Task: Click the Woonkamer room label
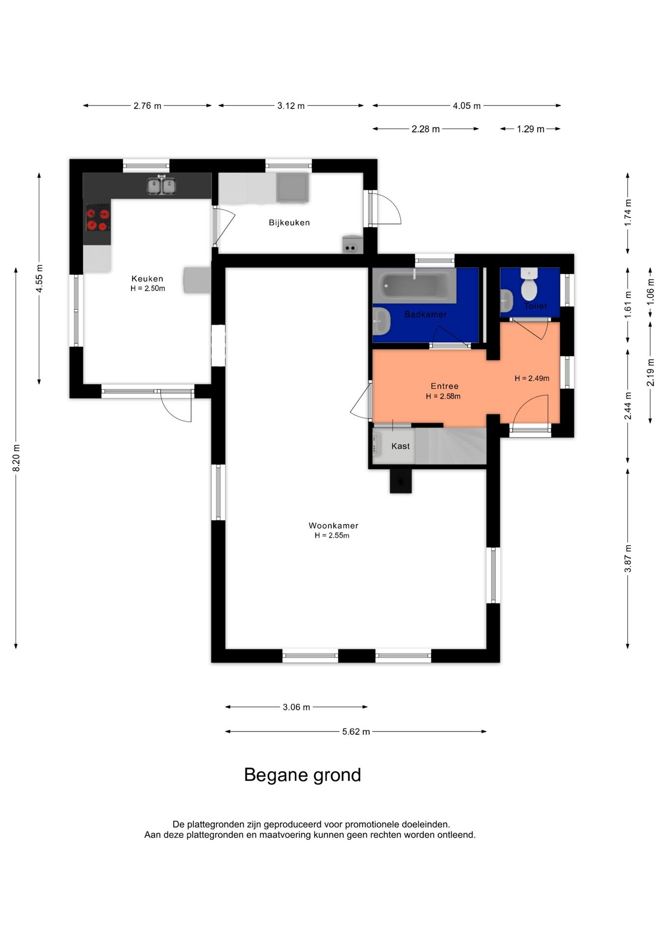point(333,525)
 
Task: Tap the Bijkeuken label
point(289,223)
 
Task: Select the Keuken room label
point(147,279)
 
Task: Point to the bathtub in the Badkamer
point(415,286)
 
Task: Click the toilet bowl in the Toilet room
point(529,285)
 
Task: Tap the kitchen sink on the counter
point(162,185)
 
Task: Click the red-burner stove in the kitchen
point(98,219)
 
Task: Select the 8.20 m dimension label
point(16,458)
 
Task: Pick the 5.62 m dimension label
point(356,732)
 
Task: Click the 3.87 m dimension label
point(628,558)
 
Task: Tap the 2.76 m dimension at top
point(147,106)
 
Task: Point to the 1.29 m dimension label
point(531,129)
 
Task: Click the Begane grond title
point(303,775)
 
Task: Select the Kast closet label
point(401,446)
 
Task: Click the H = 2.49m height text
point(532,378)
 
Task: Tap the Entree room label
point(445,386)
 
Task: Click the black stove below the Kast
point(401,481)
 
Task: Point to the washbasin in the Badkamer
point(382,321)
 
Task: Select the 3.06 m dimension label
point(296,707)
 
